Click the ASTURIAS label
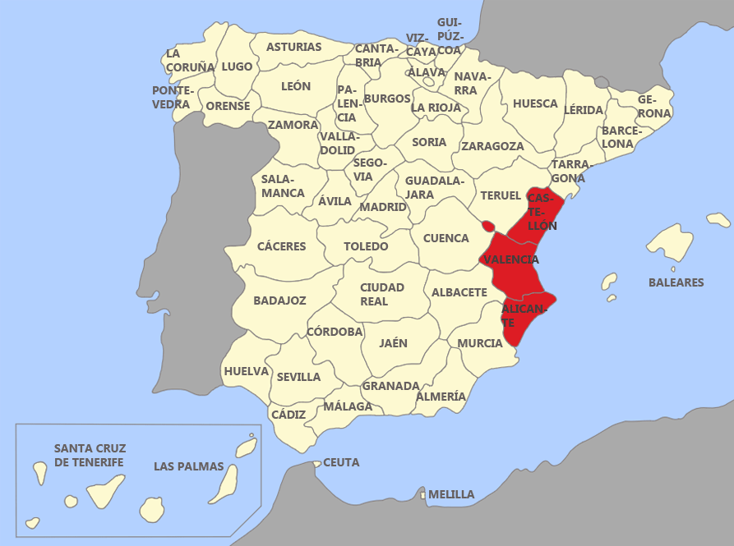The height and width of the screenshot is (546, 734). pos(294,47)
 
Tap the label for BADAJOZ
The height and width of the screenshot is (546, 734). pos(279,301)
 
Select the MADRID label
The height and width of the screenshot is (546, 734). pos(383,207)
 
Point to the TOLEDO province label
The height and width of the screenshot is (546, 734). pos(366,246)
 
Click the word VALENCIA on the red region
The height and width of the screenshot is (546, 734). pos(511,259)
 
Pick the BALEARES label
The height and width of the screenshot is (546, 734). pos(676,282)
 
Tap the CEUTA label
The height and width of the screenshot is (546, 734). pos(341,462)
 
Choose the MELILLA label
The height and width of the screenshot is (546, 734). pos(451,494)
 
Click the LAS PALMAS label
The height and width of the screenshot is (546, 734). pos(188,466)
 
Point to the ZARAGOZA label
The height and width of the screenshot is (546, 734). pos(492,146)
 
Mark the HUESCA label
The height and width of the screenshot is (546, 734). pos(535,104)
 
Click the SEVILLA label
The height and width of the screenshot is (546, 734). pos(298,377)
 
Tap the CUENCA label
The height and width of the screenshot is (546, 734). pos(445,238)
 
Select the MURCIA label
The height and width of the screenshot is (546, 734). pos(480,343)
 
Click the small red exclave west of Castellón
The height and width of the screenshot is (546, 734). pos(487,225)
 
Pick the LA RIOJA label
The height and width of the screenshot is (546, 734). pos(436,107)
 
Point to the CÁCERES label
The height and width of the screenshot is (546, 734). pos(281,246)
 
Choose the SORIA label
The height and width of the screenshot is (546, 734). pos(429,142)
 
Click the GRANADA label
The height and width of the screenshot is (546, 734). pos(390,385)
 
